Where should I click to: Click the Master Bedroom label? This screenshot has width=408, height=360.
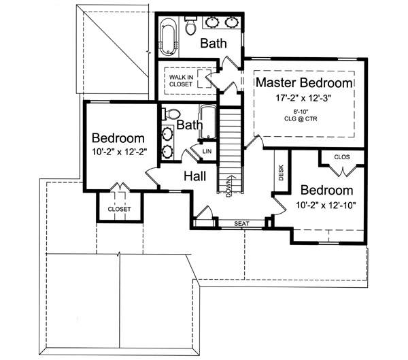[x=305, y=83]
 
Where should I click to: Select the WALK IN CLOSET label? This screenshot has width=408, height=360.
[x=182, y=81]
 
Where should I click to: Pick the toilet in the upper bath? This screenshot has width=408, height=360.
[x=191, y=27]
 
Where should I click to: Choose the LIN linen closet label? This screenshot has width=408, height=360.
[x=207, y=150]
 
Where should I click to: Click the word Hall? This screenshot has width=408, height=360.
[x=195, y=176]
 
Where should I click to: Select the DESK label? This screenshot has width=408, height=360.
[x=281, y=174]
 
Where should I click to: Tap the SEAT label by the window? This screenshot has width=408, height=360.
[x=241, y=223]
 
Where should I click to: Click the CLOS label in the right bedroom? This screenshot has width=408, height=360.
[x=342, y=157]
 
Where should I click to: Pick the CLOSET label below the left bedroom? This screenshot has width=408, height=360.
[x=120, y=209]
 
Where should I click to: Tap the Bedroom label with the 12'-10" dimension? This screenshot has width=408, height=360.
[x=327, y=190]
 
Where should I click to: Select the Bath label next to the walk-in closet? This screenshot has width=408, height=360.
[x=213, y=44]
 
